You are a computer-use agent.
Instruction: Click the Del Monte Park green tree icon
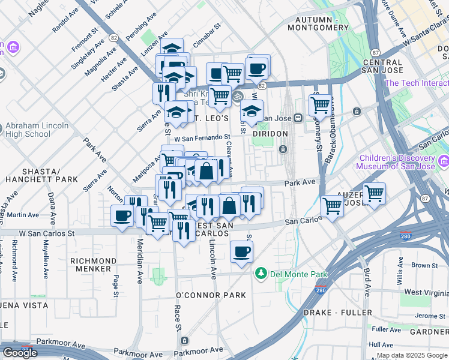[261, 274]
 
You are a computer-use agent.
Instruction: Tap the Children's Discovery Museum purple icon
[444, 160]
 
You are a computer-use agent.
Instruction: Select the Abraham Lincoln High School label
[28, 130]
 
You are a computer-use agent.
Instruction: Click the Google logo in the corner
[20, 352]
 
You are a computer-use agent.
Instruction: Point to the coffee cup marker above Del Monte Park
[241, 252]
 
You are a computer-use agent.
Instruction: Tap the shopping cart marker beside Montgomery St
[321, 105]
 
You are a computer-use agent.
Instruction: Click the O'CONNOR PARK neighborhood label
[211, 295]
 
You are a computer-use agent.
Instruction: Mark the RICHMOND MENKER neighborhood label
[93, 265]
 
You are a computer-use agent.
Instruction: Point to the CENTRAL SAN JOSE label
[382, 66]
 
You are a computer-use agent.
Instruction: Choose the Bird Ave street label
[366, 281]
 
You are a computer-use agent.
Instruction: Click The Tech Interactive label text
[417, 83]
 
